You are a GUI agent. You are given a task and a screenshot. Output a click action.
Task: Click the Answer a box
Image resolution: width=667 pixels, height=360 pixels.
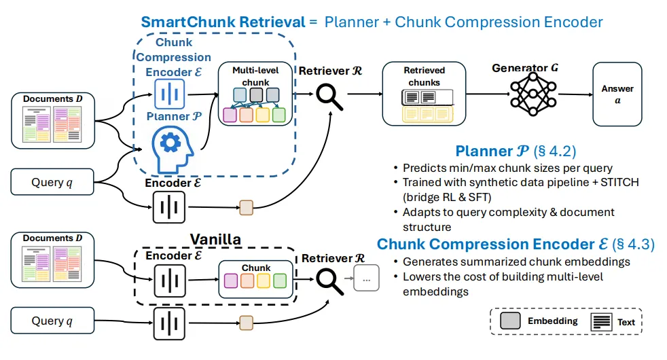point(617,94)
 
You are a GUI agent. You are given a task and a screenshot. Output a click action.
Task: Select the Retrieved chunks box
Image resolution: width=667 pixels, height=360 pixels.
point(425,93)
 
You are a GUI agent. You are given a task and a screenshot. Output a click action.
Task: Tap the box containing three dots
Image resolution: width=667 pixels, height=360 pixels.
point(367,278)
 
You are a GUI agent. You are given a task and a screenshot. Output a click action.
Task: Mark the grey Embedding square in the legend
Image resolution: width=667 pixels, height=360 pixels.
point(510,321)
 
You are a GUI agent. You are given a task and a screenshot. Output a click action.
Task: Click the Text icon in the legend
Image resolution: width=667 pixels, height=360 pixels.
point(602,321)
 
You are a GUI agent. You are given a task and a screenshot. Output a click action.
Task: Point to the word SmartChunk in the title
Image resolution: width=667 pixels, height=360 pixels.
point(179,22)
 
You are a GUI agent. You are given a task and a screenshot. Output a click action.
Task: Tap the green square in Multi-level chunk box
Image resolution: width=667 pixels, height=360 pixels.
point(278,115)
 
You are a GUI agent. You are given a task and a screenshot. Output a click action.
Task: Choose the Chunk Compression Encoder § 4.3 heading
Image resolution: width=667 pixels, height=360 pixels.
point(516,245)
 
